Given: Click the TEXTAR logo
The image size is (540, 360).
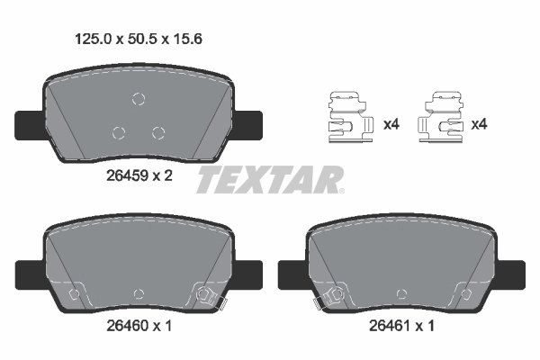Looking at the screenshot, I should coord(270,179).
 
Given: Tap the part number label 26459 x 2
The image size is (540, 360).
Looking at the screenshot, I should coord(133,176).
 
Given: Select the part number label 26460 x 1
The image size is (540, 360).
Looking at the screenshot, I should coord(132,326).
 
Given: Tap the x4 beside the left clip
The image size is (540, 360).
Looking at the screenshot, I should coord(391,124).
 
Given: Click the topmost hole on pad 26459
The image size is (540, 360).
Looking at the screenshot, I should coord(138,99).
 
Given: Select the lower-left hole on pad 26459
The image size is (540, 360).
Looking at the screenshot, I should coord(118,133).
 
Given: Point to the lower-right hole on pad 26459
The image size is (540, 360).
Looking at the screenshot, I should coord(158,133).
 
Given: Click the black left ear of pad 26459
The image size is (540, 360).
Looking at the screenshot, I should coord(28,122).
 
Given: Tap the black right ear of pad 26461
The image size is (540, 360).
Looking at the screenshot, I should coord(513,271).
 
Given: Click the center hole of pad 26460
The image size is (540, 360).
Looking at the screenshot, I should coord(138,293).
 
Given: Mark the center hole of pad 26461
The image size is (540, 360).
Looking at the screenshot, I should coord(401,293).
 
